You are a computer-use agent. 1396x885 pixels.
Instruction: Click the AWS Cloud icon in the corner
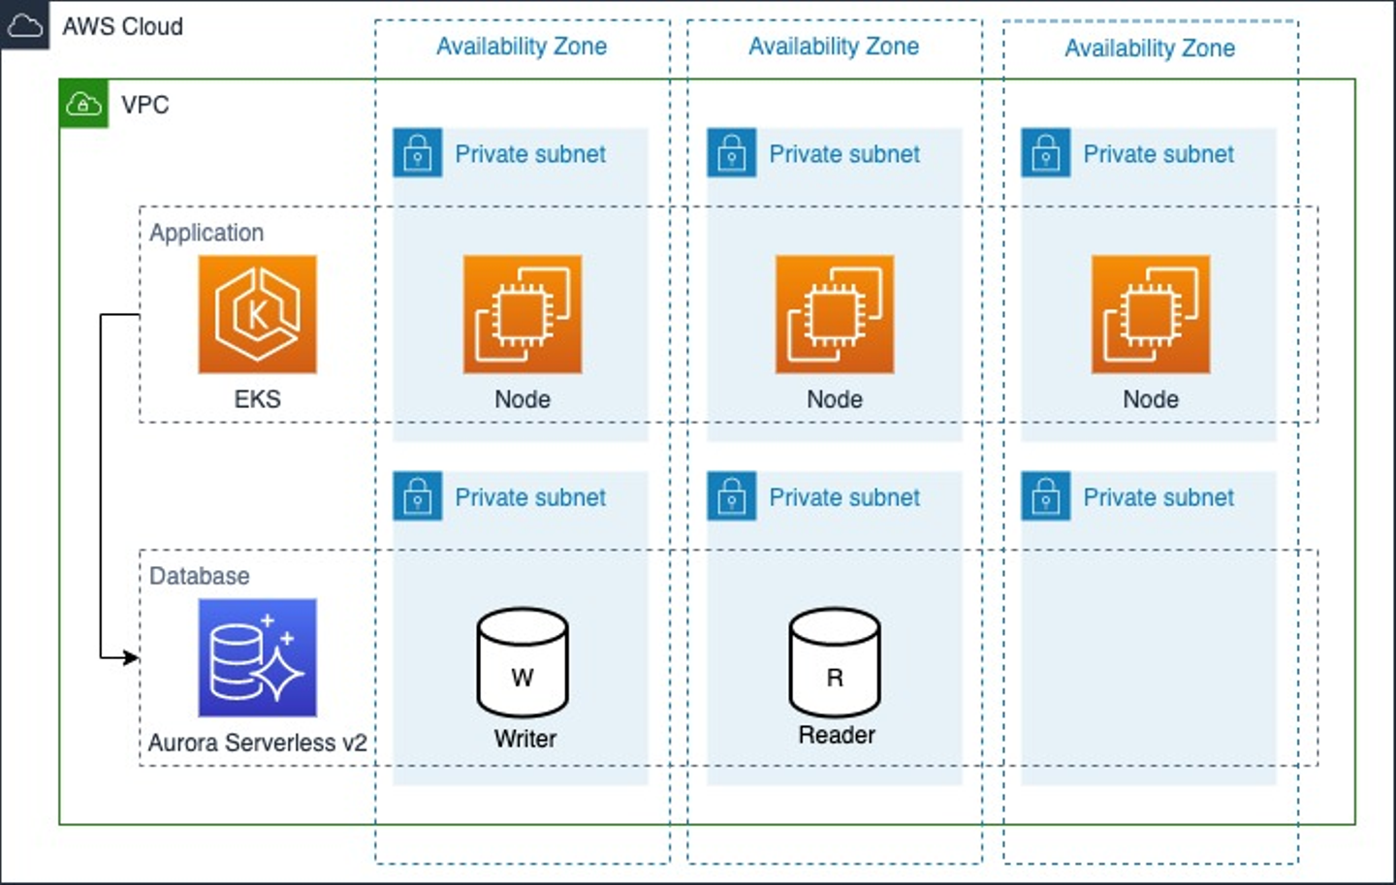point(24,25)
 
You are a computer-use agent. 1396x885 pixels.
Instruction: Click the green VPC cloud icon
point(84,104)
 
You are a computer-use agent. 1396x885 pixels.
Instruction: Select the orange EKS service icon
point(257,314)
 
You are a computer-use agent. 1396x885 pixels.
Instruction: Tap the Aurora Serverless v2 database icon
point(257,657)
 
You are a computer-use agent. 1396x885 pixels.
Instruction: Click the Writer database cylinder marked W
point(523,663)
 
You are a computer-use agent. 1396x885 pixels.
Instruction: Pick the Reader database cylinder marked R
point(835,663)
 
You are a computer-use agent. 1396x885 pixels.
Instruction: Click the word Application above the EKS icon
point(206,233)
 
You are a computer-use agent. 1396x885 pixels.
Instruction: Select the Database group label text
point(200,576)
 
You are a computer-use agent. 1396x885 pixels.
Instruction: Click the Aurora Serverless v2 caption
point(257,743)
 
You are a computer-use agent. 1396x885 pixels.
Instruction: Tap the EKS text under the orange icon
point(257,399)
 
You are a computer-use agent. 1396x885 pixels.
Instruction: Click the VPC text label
point(145,105)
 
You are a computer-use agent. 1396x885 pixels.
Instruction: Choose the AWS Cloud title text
point(122,26)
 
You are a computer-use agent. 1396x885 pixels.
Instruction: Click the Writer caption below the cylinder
point(524,739)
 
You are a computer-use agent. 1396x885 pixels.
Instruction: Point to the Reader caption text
point(837,735)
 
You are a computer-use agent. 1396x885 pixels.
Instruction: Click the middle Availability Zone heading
point(834,47)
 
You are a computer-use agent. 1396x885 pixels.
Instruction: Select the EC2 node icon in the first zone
point(523,314)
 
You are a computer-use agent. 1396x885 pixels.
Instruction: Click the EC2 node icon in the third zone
point(1151,314)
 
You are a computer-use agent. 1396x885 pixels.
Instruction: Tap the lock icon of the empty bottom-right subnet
point(1046,496)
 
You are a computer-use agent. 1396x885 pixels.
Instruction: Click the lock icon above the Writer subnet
point(418,496)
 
